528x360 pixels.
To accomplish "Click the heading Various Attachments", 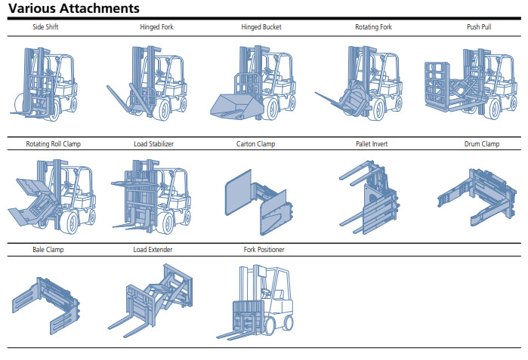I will pos(73,9).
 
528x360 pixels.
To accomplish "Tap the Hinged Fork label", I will pos(155,27).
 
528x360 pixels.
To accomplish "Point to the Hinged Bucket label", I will pos(261,27).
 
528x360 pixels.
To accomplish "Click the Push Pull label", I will pos(478,27).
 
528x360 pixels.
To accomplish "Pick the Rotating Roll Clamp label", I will pos(53,143).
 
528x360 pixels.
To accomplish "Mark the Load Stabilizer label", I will pos(153,143).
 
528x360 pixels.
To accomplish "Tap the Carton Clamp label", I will pos(255,143).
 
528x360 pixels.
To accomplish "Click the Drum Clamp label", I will pos(481,143).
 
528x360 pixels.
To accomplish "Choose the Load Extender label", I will pos(151,249).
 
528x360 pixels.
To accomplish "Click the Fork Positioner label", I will pos(264,249).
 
